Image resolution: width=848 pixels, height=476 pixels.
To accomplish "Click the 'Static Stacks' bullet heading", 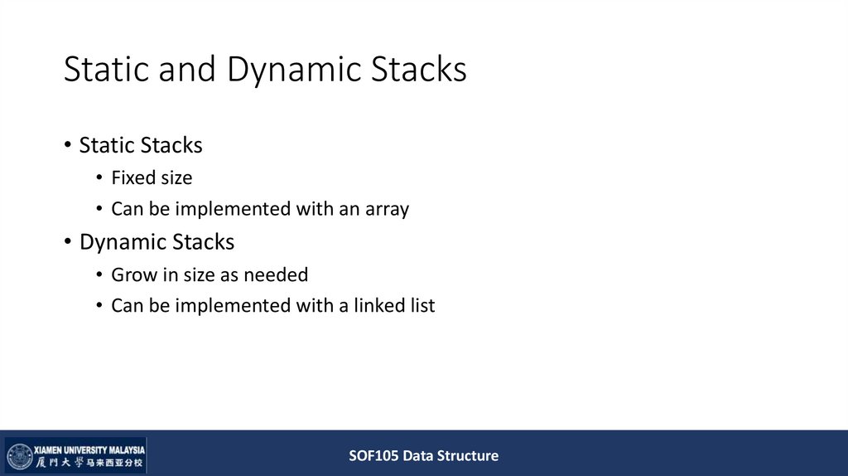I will click(141, 146).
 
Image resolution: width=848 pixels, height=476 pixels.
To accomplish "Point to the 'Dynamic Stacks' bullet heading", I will click(157, 242).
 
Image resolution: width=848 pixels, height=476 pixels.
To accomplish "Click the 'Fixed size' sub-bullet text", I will click(152, 177).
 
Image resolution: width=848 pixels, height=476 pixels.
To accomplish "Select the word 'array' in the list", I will click(386, 209).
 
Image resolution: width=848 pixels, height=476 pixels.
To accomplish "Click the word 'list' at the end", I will click(422, 305).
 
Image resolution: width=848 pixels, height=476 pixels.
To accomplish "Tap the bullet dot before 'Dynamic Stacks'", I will click(68, 243).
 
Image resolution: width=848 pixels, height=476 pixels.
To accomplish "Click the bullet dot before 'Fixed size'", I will click(100, 178).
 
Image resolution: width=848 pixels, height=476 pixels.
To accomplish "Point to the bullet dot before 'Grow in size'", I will click(100, 275).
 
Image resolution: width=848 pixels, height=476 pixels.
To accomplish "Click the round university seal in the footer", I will click(19, 456).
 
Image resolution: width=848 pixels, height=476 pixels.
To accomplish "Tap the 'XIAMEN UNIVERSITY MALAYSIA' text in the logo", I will click(89, 449).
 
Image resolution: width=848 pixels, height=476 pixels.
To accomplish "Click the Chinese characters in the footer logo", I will click(89, 463).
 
